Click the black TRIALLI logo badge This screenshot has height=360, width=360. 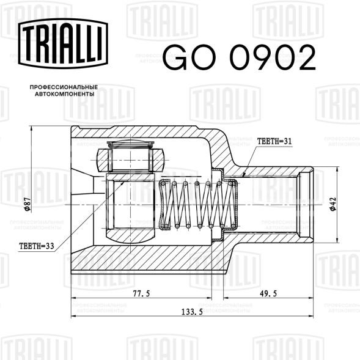(x=63, y=43)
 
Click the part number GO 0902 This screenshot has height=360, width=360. (x=239, y=57)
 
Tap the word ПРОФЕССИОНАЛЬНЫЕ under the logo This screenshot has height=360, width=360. (x=64, y=87)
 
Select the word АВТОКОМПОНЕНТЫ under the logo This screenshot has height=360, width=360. (x=65, y=94)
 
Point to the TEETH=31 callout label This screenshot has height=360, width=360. (x=274, y=141)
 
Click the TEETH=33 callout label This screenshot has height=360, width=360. (x=37, y=246)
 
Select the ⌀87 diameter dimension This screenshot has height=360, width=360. (x=28, y=204)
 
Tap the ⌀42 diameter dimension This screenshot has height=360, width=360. (x=332, y=204)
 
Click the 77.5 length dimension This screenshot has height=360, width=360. (x=141, y=293)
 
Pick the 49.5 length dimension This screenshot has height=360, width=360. (x=268, y=293)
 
